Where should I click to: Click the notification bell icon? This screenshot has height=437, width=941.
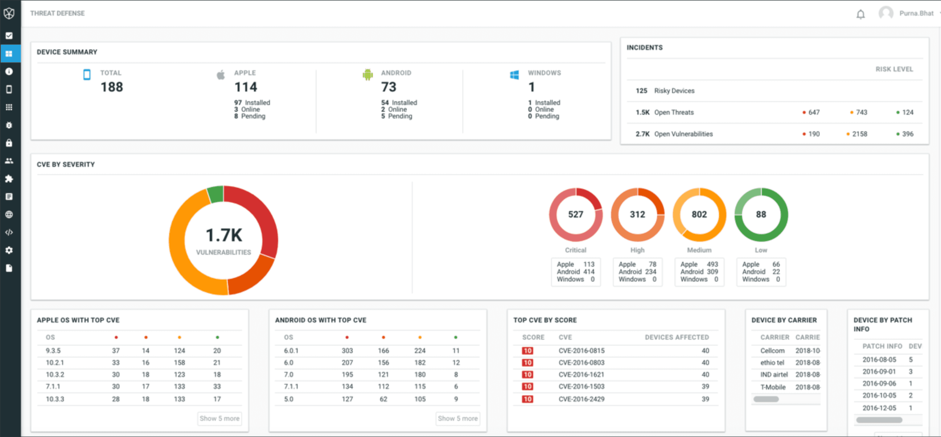click(861, 14)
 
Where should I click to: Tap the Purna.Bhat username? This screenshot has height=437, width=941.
click(916, 14)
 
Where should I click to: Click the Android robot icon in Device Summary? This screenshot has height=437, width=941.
click(368, 75)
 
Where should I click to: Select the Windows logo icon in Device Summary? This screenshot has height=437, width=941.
click(514, 75)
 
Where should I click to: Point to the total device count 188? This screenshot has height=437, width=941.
click(112, 87)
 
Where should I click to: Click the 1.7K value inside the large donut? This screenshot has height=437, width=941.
click(224, 235)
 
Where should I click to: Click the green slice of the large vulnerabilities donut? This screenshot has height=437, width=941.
click(216, 194)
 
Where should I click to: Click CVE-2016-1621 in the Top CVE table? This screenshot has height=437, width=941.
click(581, 374)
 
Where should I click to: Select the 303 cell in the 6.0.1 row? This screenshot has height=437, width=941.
click(347, 350)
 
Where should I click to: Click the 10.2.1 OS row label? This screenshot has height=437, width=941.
click(55, 362)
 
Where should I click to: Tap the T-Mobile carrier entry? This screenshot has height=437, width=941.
click(773, 387)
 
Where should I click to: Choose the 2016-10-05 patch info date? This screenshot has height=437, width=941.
click(879, 395)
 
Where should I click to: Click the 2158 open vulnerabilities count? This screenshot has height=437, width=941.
click(859, 134)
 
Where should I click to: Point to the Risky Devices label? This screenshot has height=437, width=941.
click(674, 91)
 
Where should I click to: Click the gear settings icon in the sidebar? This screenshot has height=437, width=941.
click(9, 250)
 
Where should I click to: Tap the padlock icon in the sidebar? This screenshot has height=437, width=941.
click(9, 143)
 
